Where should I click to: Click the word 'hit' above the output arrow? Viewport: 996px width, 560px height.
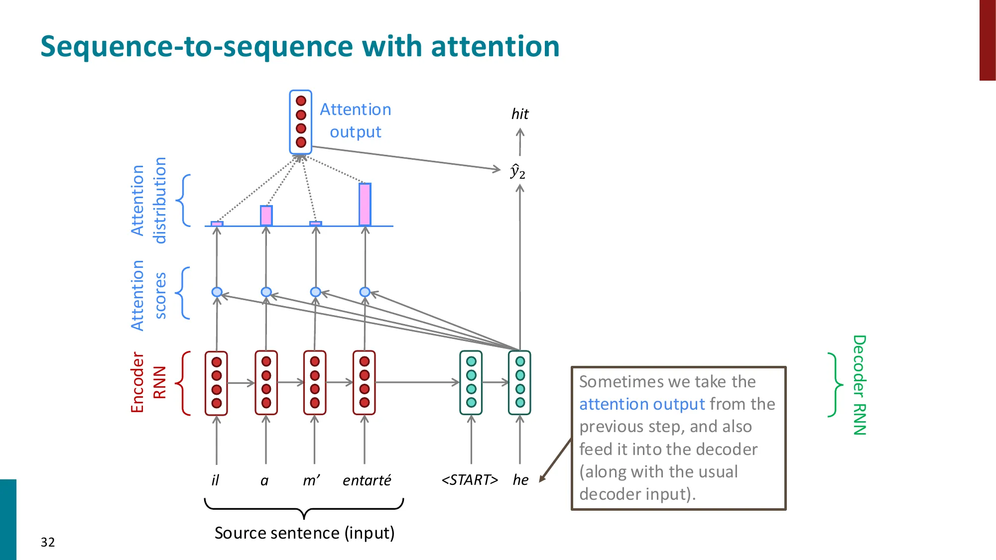(x=520, y=114)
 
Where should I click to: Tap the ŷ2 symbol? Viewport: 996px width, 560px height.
(x=517, y=171)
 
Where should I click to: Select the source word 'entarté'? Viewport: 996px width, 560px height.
(x=367, y=480)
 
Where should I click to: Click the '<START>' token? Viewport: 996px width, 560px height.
(x=470, y=480)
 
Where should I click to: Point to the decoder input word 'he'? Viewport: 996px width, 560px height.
(x=520, y=480)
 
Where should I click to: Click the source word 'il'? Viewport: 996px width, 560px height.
(x=215, y=480)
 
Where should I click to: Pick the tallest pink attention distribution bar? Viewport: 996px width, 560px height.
(x=365, y=205)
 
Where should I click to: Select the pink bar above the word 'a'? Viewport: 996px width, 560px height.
(x=266, y=216)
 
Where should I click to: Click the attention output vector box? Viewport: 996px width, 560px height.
(x=301, y=122)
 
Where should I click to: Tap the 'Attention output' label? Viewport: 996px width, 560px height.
(x=355, y=120)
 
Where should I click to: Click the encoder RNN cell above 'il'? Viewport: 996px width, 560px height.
(x=216, y=383)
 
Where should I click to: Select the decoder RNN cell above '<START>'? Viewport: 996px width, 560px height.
(x=471, y=382)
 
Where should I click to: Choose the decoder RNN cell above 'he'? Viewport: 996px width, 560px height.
(x=520, y=382)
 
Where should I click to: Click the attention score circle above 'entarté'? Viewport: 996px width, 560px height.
(x=365, y=292)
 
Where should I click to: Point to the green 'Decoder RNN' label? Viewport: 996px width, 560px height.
(x=860, y=385)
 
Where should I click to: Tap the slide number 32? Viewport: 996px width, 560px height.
(x=48, y=542)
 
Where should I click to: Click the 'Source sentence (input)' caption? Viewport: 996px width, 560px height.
(x=304, y=533)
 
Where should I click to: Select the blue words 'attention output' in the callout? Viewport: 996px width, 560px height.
(x=642, y=404)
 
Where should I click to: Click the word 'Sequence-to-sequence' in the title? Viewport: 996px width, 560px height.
(x=197, y=46)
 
